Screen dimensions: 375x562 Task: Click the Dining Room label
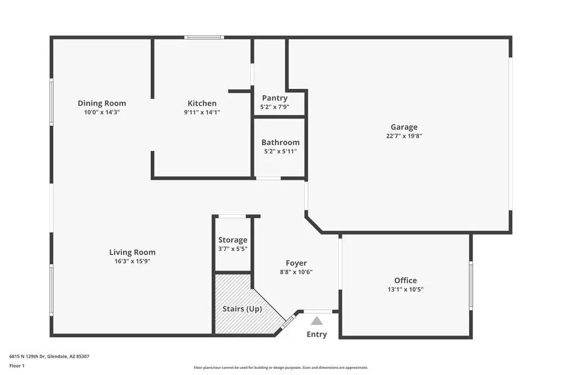click(102, 103)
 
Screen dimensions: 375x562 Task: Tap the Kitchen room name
click(202, 103)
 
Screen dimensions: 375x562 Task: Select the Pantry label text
click(274, 98)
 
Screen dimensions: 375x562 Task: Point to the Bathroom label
click(280, 142)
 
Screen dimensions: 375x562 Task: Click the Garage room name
click(404, 127)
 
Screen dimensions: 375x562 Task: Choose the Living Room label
click(132, 252)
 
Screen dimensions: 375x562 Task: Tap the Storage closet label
click(233, 240)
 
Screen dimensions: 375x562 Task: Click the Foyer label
click(296, 263)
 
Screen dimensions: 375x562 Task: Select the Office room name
click(405, 281)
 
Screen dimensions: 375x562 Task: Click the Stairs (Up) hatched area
click(239, 315)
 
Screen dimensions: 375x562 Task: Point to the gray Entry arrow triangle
click(317, 321)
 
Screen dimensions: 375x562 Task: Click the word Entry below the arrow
click(316, 335)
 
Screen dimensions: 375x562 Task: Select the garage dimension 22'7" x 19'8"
click(404, 136)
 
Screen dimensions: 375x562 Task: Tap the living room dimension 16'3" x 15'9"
click(132, 261)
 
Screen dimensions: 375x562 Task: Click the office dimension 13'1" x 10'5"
click(405, 290)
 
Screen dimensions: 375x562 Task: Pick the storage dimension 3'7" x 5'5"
click(233, 249)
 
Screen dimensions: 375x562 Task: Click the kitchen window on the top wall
click(205, 38)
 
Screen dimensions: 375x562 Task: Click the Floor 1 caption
click(17, 365)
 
